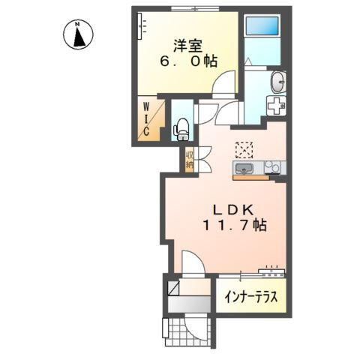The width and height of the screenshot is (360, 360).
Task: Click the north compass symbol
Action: [x=78, y=35]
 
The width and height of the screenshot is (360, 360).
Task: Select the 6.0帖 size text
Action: [x=188, y=61]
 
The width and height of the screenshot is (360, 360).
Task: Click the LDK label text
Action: [x=233, y=210]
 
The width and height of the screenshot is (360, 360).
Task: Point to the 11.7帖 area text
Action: [x=235, y=225]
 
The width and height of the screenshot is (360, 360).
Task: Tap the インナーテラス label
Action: [x=251, y=297]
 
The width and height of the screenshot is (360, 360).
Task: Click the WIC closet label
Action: [x=146, y=119]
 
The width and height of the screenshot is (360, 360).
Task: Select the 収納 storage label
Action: [x=189, y=160]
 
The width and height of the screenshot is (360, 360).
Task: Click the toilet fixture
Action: [x=181, y=130]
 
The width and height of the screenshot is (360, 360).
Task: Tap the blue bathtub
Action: [x=262, y=25]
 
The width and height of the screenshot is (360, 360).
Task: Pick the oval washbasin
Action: [x=278, y=82]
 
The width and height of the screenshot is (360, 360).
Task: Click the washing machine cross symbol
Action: [x=277, y=106]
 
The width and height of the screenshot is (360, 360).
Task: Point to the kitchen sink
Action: [x=244, y=168]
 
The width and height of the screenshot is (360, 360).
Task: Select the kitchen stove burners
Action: [x=272, y=167]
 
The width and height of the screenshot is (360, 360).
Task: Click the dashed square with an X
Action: [x=244, y=150]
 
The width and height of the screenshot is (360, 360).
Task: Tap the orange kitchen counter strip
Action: [x=251, y=178]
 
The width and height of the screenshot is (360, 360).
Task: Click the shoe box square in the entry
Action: [x=174, y=288]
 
